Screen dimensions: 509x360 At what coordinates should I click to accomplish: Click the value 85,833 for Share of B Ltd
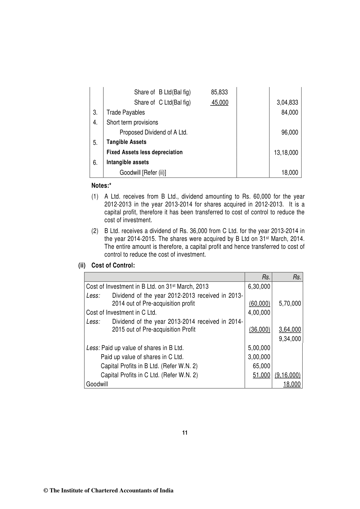pos(219,92)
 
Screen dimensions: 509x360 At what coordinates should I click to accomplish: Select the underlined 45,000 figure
pos(219,102)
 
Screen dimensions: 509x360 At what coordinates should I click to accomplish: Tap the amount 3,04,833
pos(287,102)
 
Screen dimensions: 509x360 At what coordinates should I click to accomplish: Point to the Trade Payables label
pos(125,112)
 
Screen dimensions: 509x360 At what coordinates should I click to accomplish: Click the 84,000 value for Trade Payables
pos(290,112)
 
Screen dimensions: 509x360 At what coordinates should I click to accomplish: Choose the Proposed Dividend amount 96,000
pos(290,132)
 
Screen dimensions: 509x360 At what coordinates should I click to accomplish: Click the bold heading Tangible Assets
pos(126,142)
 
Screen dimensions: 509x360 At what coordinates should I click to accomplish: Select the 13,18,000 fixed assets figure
pos(286,153)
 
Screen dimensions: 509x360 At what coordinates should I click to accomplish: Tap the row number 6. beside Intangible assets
pos(95,163)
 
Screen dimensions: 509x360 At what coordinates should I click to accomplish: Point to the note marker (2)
pos(95,231)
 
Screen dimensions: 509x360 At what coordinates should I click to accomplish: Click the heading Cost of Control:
pos(113,265)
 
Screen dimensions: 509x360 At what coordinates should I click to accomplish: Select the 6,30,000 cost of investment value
pos(259,287)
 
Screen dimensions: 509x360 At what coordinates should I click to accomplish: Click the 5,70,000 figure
pos(290,303)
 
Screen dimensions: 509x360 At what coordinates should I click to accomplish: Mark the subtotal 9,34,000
pos(290,339)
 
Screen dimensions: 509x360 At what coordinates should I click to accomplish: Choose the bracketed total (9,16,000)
pos(287,375)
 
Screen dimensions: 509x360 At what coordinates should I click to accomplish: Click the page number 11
pos(185,433)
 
